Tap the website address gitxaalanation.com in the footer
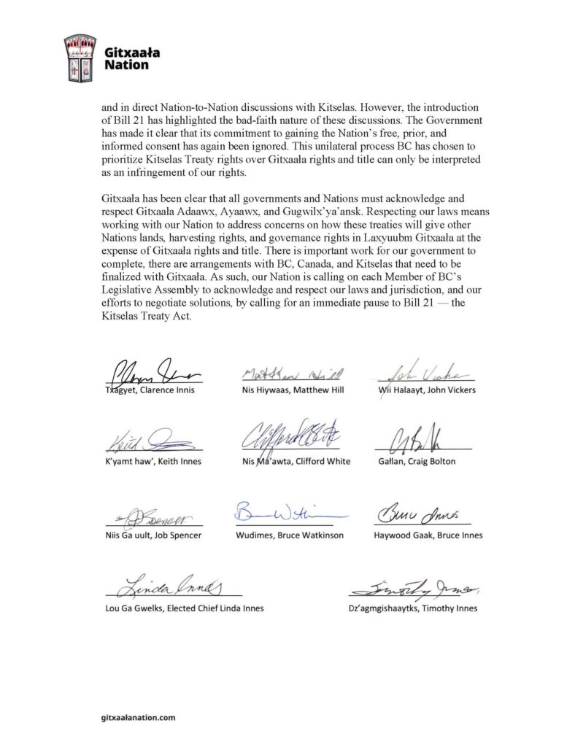(x=139, y=718)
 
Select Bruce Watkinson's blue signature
(x=290, y=511)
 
